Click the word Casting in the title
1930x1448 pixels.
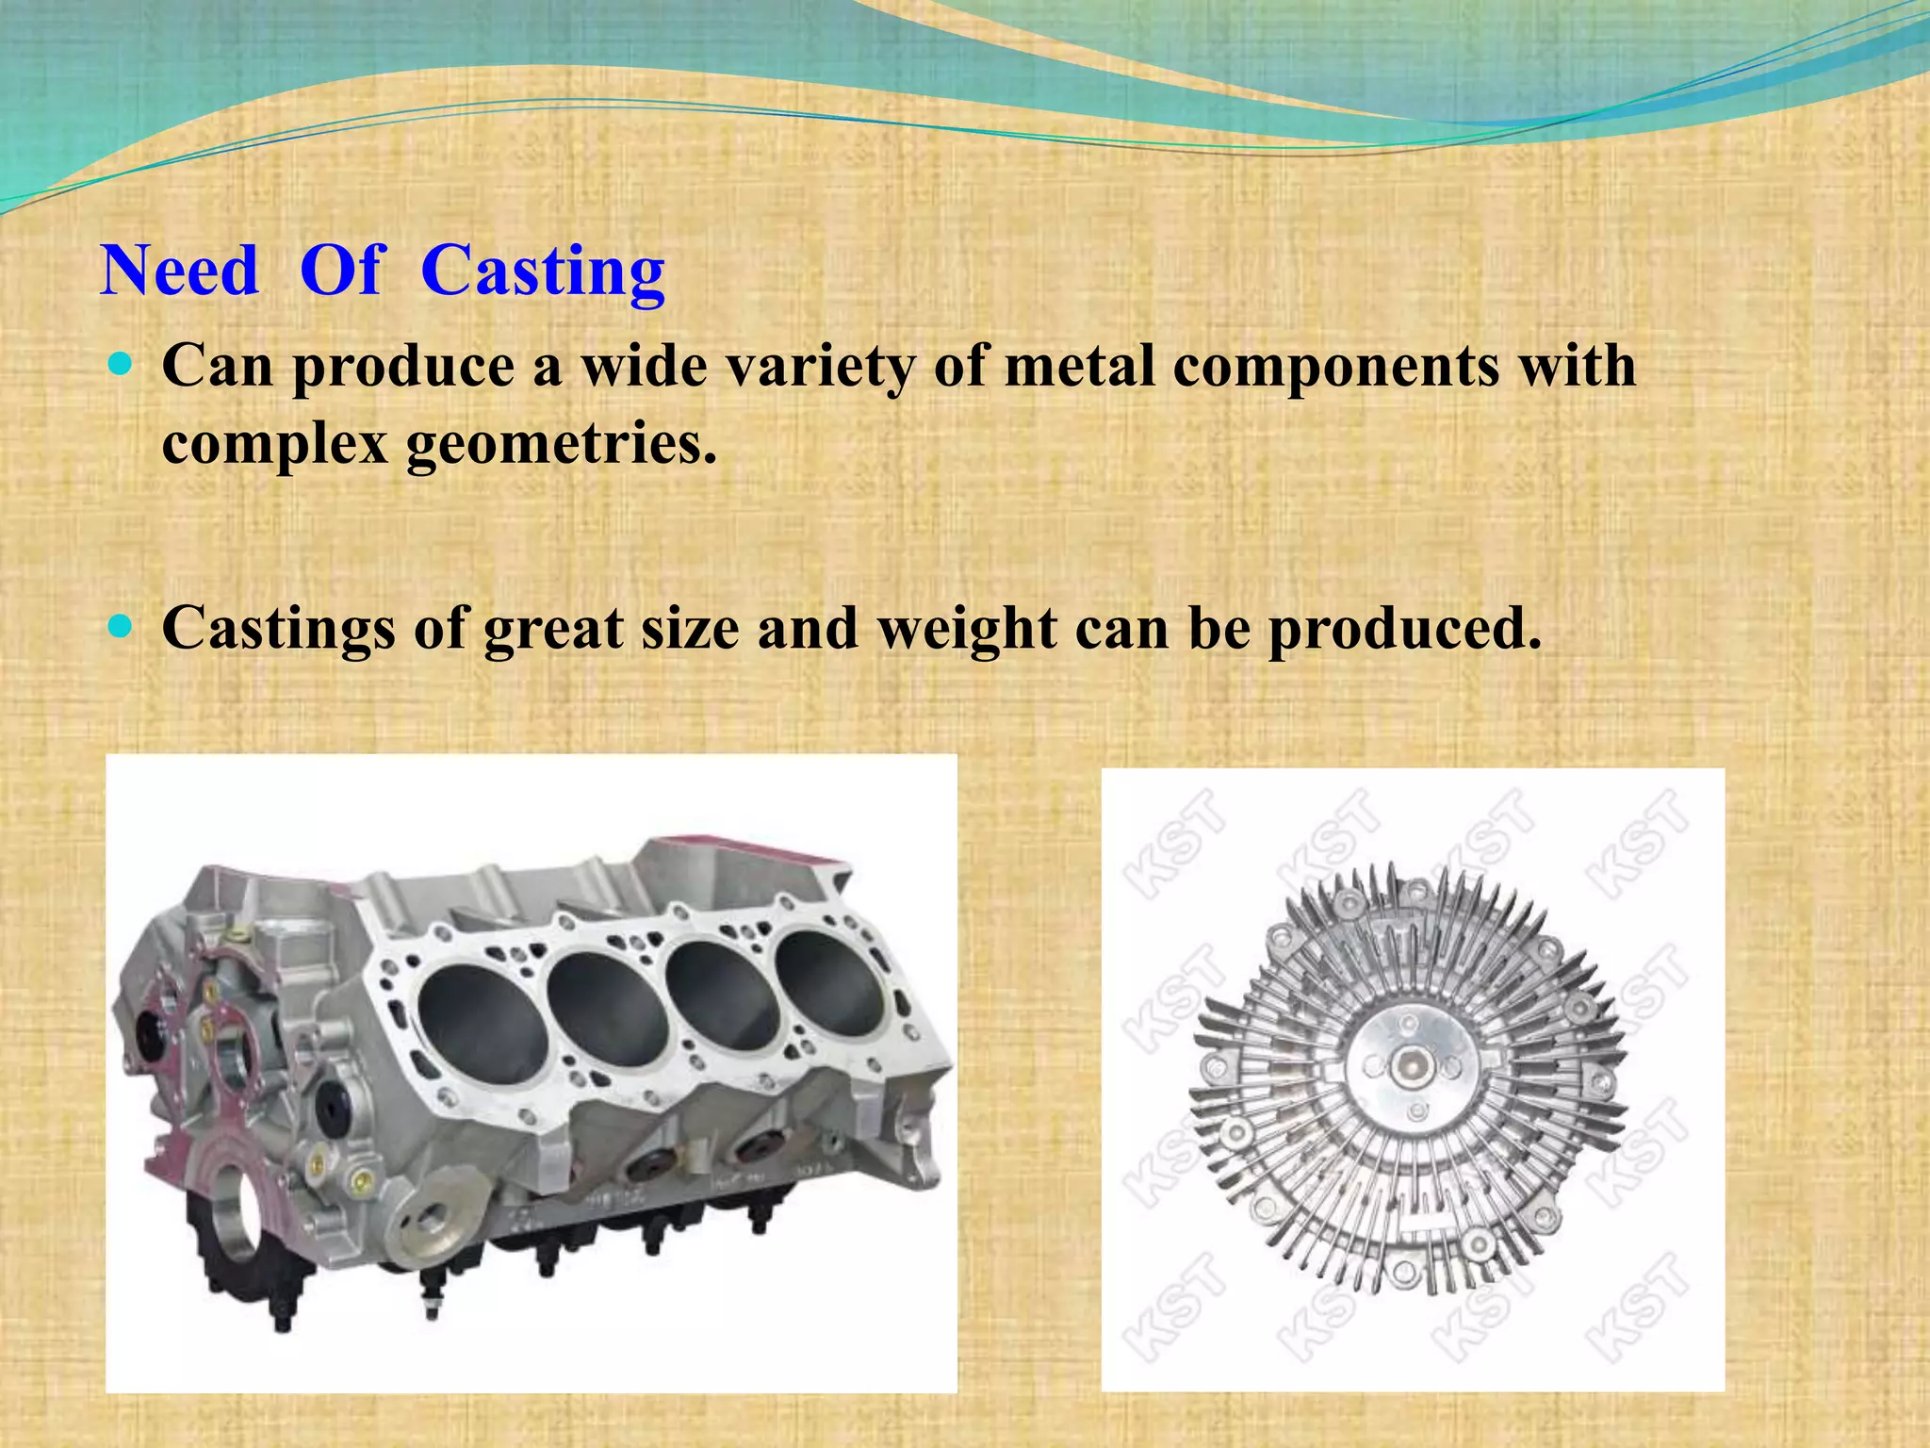click(x=543, y=271)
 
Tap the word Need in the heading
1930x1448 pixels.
click(x=179, y=271)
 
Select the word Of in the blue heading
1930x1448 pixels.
click(x=341, y=271)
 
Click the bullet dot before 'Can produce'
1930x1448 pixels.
click(x=121, y=364)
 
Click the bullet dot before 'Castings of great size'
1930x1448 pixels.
click(x=121, y=625)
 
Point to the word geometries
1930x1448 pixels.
click(x=562, y=443)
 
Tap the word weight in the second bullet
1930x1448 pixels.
click(x=966, y=628)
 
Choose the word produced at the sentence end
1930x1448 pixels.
click(x=1404, y=628)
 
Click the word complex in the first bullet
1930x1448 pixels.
click(x=275, y=443)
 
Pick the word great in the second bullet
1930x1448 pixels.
click(x=553, y=628)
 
